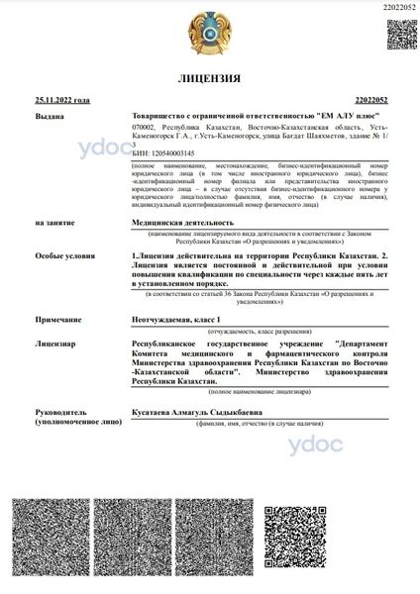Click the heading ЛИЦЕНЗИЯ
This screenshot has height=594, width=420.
pos(209,78)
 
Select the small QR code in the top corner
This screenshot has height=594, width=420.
pos(400,33)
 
